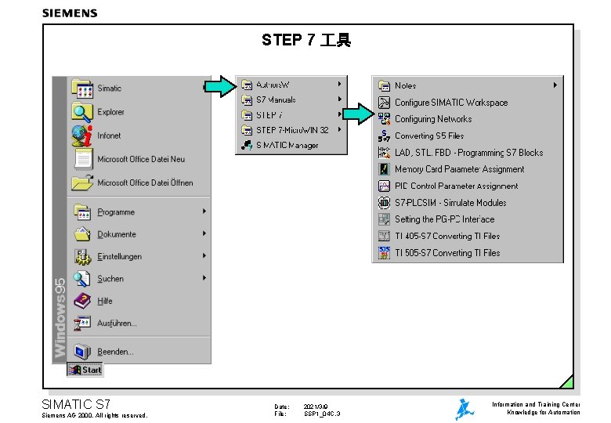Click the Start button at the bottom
(85, 370)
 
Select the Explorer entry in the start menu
(110, 112)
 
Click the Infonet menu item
(109, 136)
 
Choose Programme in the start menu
(116, 211)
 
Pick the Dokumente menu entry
(117, 234)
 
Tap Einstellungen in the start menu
(119, 256)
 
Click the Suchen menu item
(110, 279)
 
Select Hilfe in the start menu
(105, 301)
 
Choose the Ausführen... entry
(117, 323)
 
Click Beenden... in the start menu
(115, 352)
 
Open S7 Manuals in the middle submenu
(276, 99)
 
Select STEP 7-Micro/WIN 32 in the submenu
(291, 130)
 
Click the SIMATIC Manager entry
(287, 145)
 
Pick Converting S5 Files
(428, 136)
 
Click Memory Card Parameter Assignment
(459, 169)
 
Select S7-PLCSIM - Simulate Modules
(450, 203)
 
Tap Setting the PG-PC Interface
(444, 219)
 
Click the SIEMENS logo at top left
(70, 13)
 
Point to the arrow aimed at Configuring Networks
(359, 114)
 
